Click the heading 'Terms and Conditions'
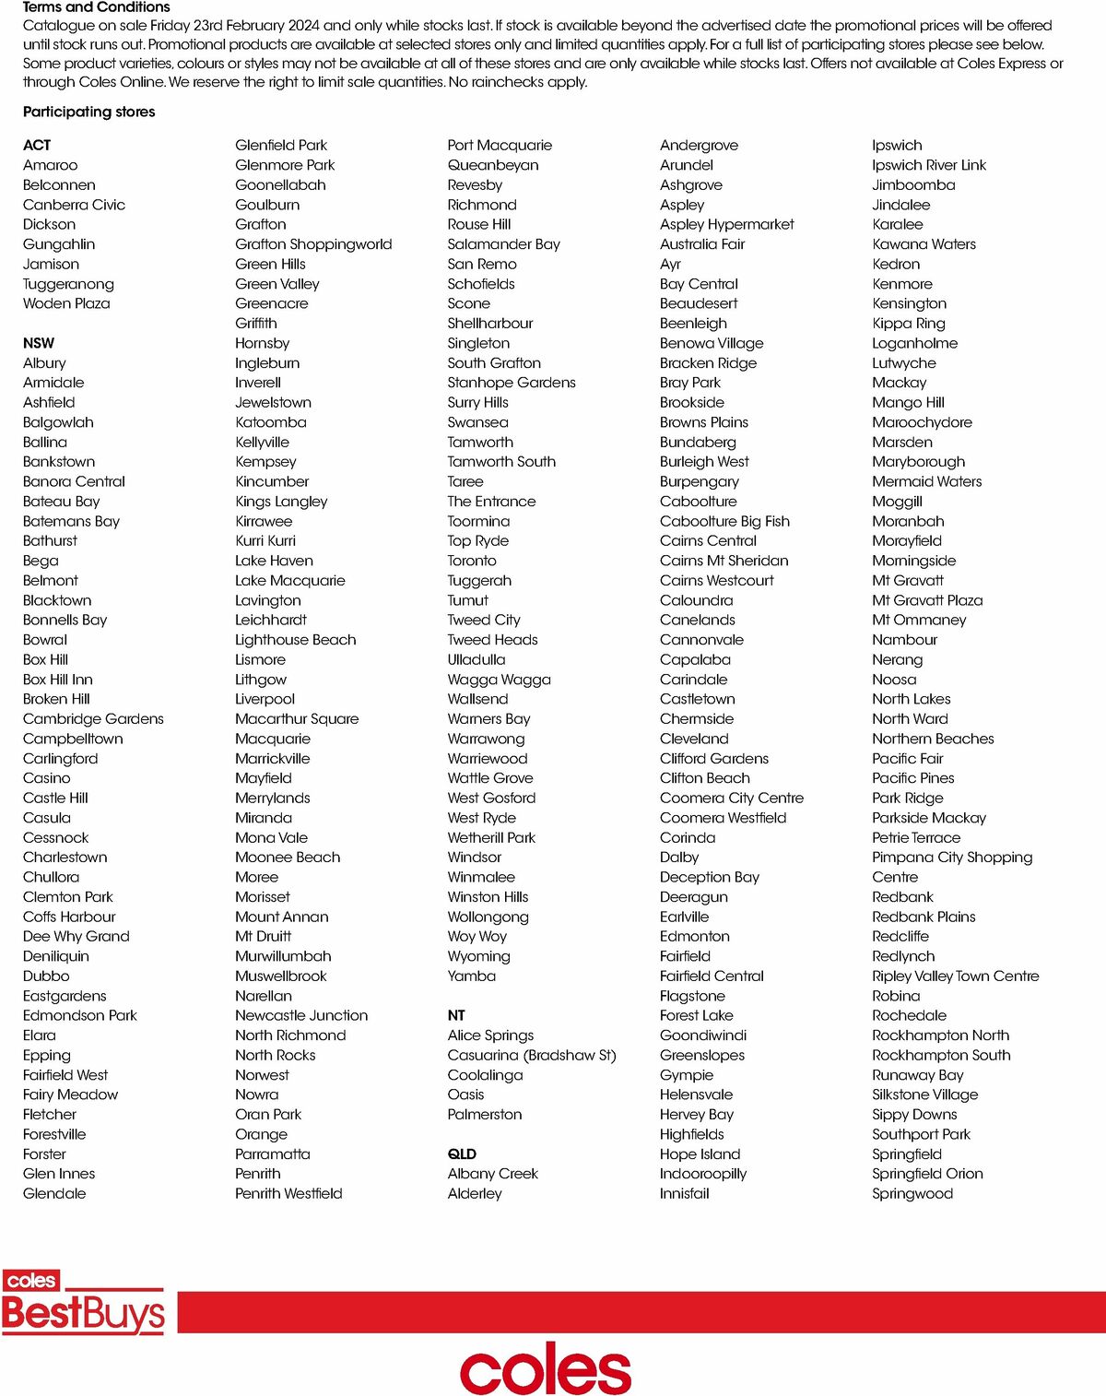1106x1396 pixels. [97, 7]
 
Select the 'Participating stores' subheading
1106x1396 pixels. [89, 112]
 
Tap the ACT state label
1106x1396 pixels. [37, 146]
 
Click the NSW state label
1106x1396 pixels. [39, 343]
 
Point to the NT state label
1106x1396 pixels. [456, 1015]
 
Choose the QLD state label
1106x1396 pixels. [462, 1154]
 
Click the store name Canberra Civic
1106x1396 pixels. [74, 205]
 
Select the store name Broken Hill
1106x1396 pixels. [56, 699]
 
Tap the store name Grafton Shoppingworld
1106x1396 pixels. [313, 244]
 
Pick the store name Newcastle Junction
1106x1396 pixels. [301, 1015]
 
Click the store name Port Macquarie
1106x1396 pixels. [500, 146]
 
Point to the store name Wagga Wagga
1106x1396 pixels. [499, 680]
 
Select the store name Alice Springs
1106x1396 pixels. [490, 1035]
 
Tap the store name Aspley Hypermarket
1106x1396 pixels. [726, 224]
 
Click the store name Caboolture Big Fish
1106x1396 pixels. [724, 521]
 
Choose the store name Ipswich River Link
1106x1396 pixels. [929, 165]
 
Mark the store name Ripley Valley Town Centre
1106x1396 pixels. [955, 976]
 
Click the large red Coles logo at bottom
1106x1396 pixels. [546, 1368]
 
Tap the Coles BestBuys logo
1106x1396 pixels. [83, 1303]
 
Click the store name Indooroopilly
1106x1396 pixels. [703, 1174]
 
